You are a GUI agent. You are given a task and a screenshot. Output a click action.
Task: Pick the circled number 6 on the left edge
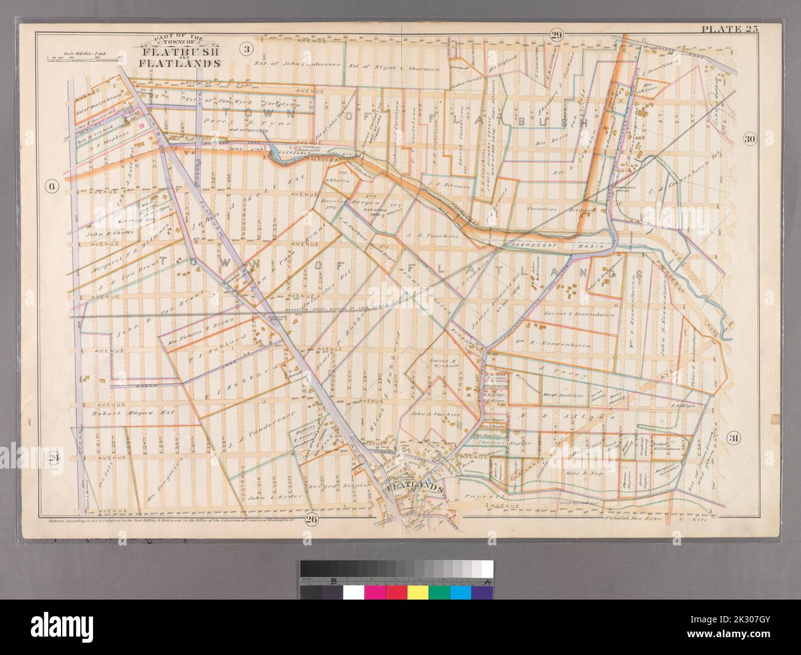click(x=52, y=188)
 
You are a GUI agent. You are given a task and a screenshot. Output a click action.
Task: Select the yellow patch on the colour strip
click(x=418, y=592)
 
